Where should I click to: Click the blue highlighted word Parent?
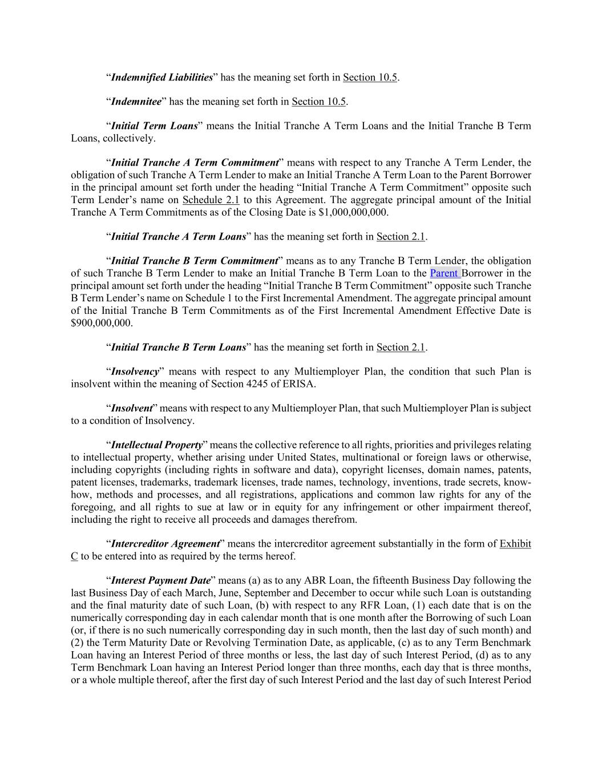click(x=445, y=273)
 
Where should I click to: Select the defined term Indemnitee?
click(x=136, y=102)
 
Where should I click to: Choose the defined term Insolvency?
click(x=135, y=372)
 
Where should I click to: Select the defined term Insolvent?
click(x=131, y=409)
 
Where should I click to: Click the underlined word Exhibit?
click(x=515, y=544)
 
